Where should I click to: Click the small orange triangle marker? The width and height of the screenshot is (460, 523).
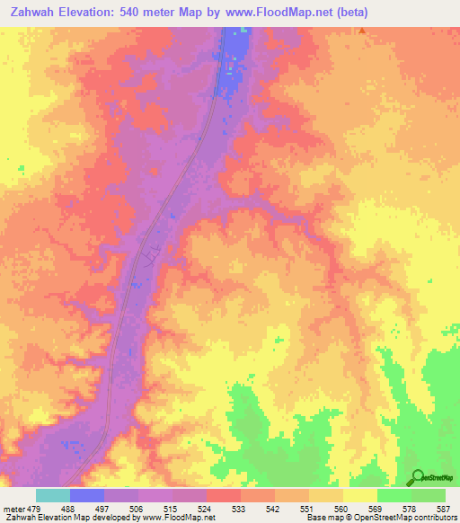coord(362,31)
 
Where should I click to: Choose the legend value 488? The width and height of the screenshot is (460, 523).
coord(68,508)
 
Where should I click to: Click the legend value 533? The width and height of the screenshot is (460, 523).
coord(239,508)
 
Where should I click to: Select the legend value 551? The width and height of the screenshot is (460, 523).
coord(307,508)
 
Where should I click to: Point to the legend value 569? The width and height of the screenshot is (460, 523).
coord(376,508)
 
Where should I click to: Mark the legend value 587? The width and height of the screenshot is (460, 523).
coord(444,508)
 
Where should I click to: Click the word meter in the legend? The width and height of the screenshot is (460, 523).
coord(13,508)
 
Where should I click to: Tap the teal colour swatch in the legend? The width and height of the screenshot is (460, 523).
coord(52,495)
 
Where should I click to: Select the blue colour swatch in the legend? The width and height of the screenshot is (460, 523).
coord(87,495)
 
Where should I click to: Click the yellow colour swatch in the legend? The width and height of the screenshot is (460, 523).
coord(360,495)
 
